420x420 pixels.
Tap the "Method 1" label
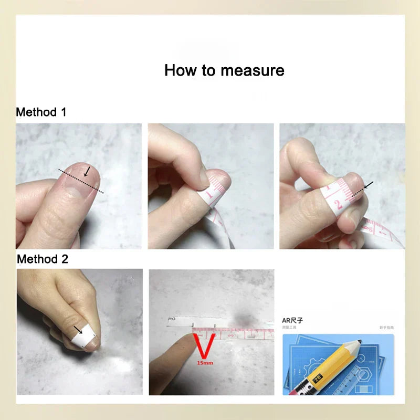pyautogui.click(x=41, y=112)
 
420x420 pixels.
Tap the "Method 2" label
pyautogui.click(x=42, y=259)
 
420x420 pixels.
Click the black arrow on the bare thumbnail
pyautogui.click(x=87, y=172)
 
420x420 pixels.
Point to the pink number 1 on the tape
pyautogui.click(x=209, y=195)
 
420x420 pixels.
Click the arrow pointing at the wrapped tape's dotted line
pyautogui.click(x=368, y=185)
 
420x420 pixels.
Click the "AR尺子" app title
pyautogui.click(x=293, y=319)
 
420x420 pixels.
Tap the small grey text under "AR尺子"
pyautogui.click(x=290, y=327)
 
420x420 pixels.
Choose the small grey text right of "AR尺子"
pyautogui.click(x=386, y=327)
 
